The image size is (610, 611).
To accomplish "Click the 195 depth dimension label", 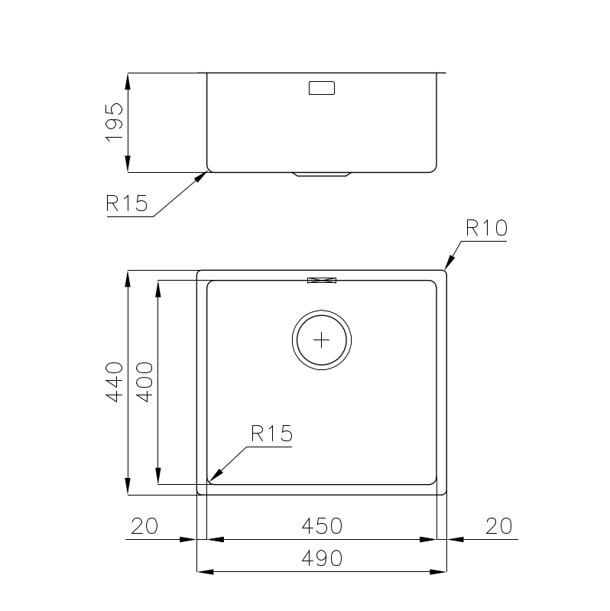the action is coord(115,122).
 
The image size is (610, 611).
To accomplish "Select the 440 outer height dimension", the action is coord(115,382).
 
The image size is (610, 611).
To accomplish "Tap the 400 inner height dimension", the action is coord(144,382).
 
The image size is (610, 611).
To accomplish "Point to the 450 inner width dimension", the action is coord(322,525).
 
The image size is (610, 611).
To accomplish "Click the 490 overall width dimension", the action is coord(322,558).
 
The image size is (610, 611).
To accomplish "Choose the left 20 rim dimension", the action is coord(144,525).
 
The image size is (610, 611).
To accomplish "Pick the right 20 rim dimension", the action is coord(498,525).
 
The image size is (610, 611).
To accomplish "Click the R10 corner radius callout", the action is coord(486,228).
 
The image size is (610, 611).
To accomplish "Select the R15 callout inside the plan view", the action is coord(271,434).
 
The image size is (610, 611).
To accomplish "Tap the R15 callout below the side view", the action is coord(127,203).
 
